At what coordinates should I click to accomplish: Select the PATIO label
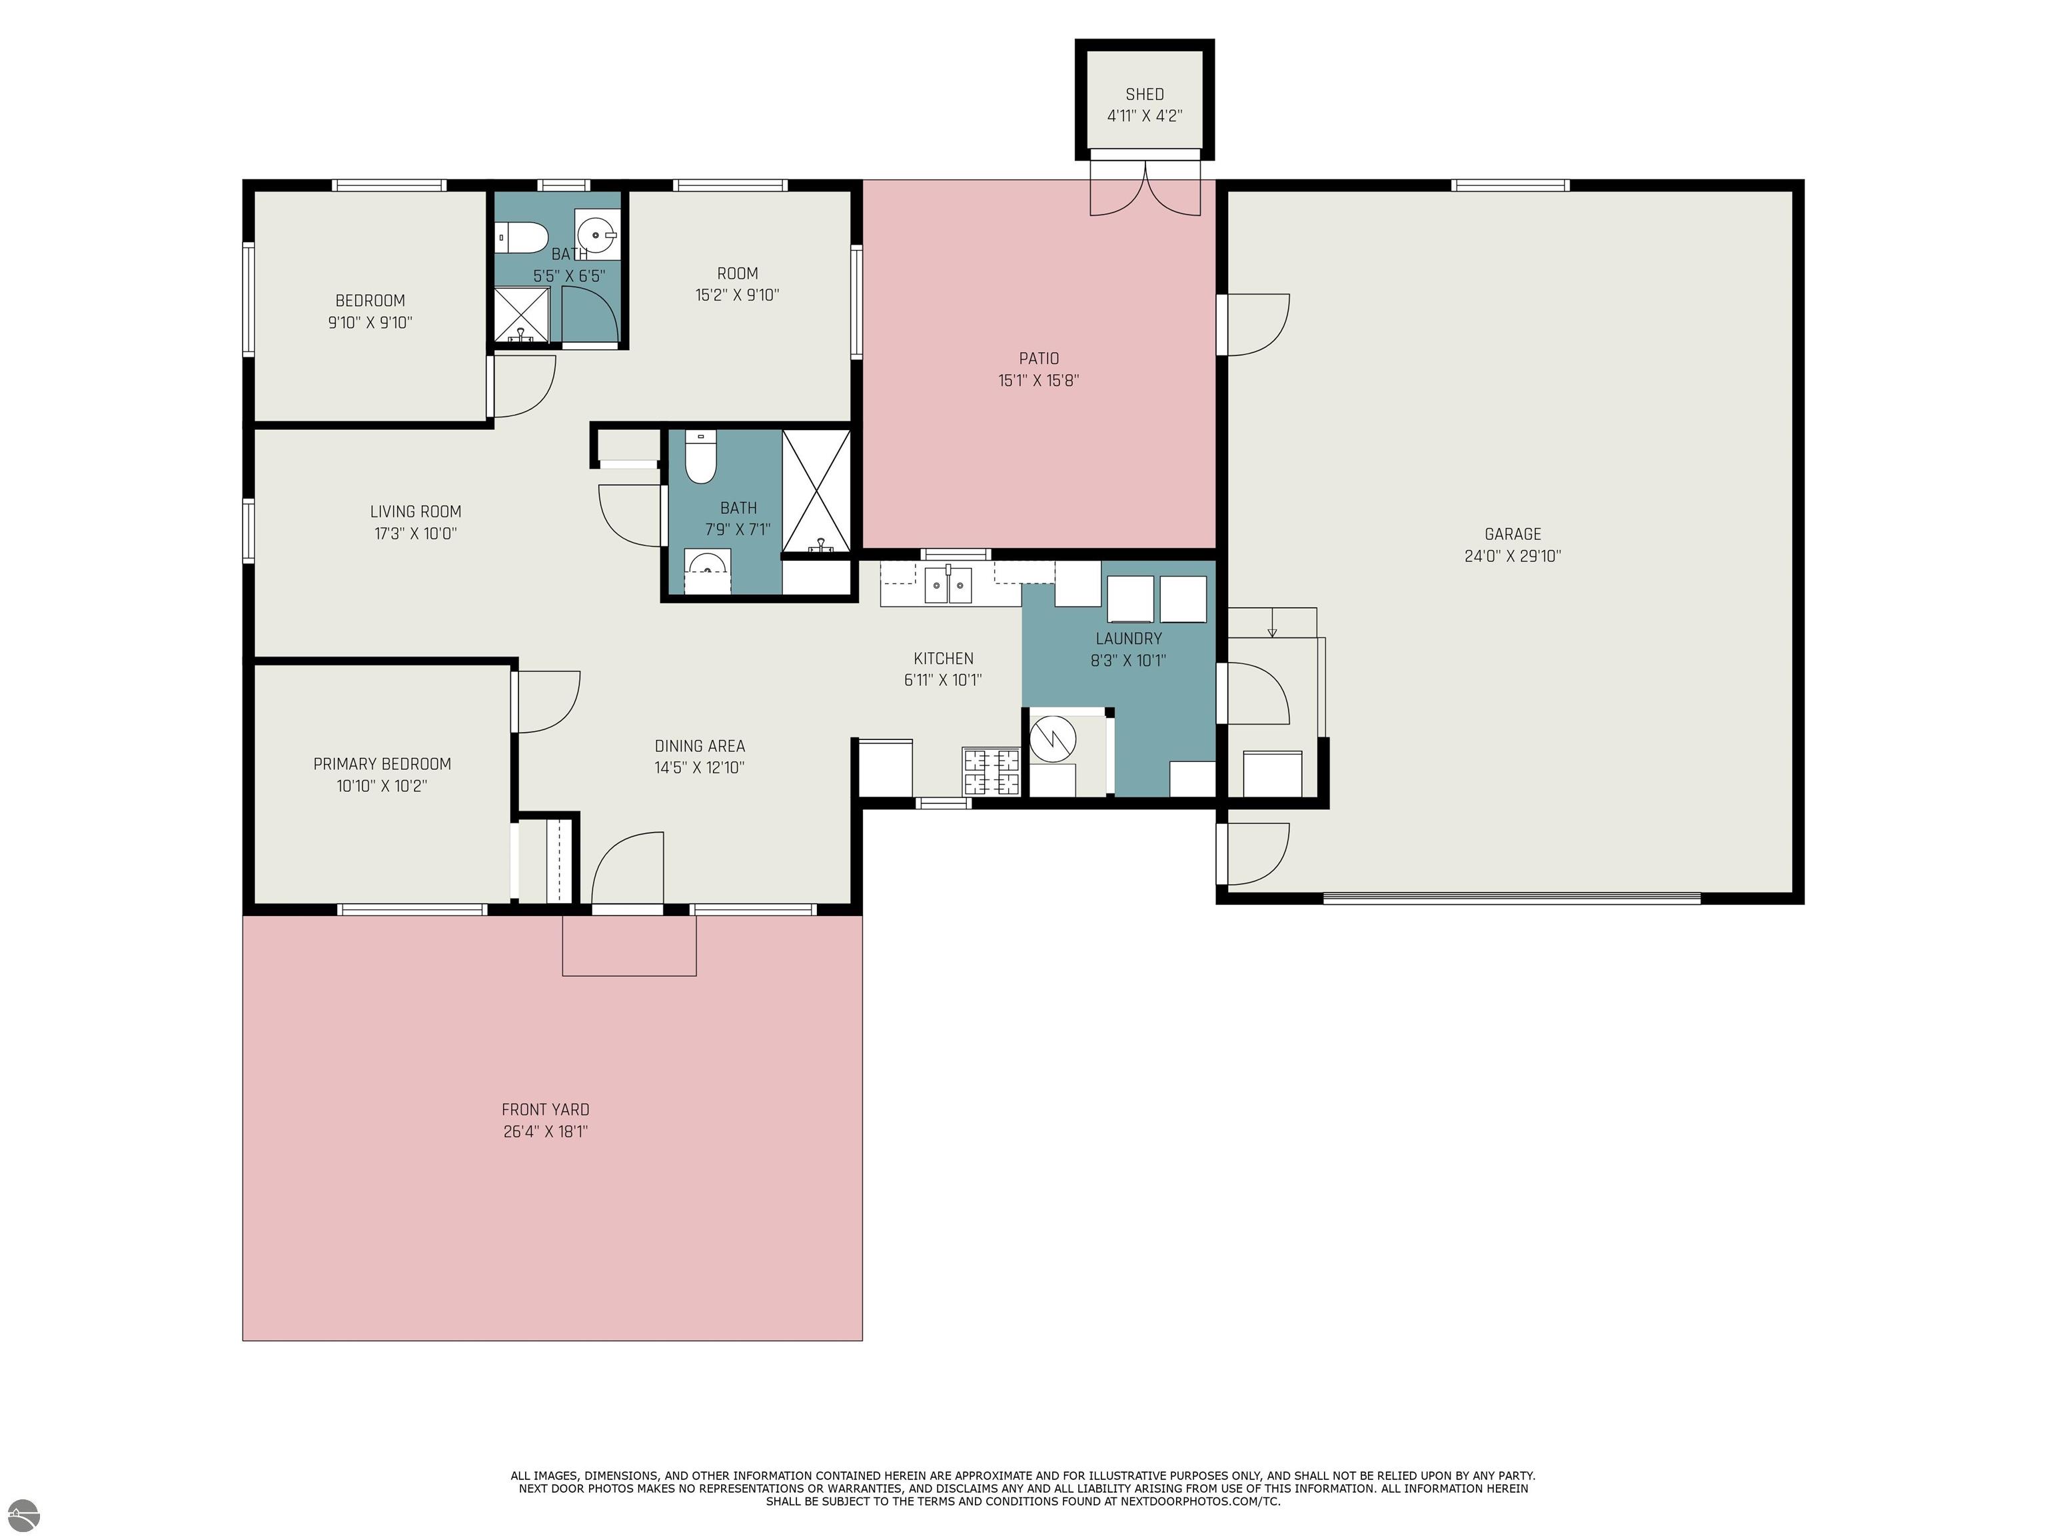(x=1038, y=358)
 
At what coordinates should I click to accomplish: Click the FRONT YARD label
(x=545, y=1109)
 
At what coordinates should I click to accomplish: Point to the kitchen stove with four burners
(x=991, y=772)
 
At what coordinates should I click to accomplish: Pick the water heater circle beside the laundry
(x=1054, y=738)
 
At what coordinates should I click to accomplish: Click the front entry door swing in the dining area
(x=628, y=867)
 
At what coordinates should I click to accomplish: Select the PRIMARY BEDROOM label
(x=382, y=764)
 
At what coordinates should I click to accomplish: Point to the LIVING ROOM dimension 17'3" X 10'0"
(x=416, y=533)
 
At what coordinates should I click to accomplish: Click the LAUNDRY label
(x=1128, y=639)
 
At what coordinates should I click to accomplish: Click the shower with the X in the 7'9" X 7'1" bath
(x=816, y=493)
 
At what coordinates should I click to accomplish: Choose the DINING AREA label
(x=700, y=745)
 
